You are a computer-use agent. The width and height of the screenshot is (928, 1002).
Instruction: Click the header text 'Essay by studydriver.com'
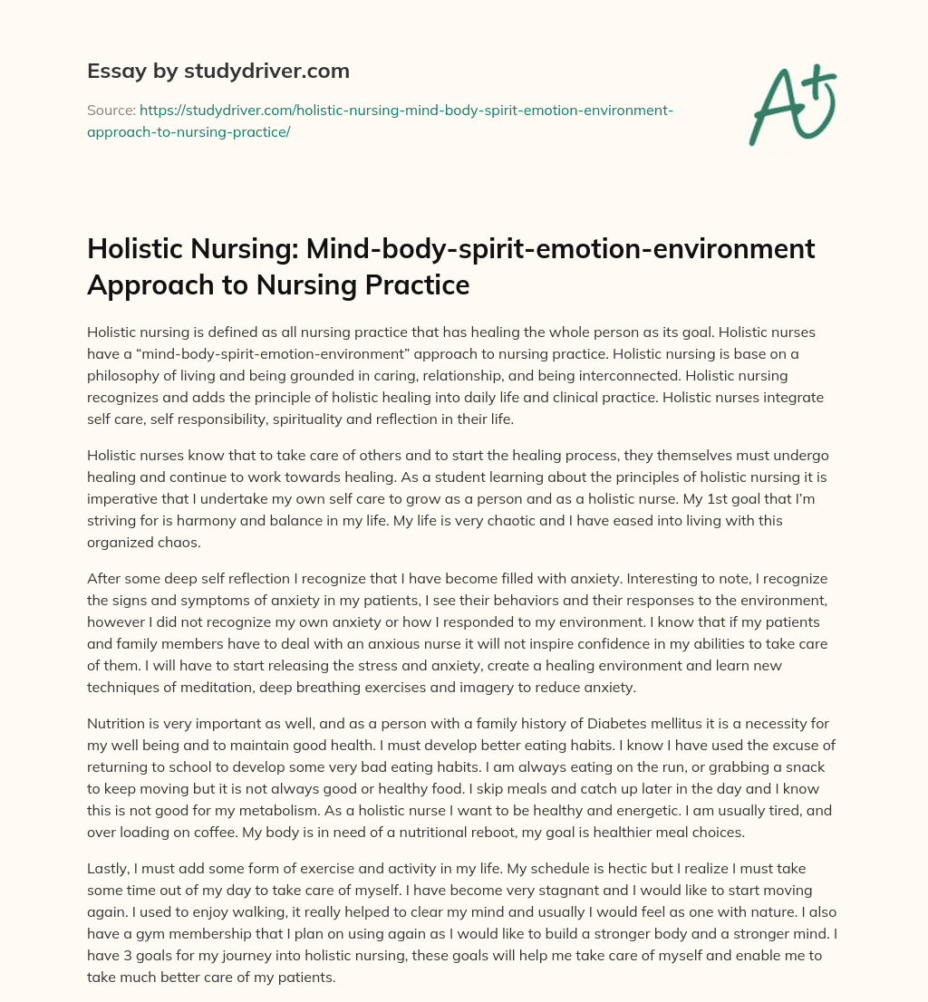coord(217,71)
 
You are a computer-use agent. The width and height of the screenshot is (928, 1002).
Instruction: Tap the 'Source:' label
coord(111,110)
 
